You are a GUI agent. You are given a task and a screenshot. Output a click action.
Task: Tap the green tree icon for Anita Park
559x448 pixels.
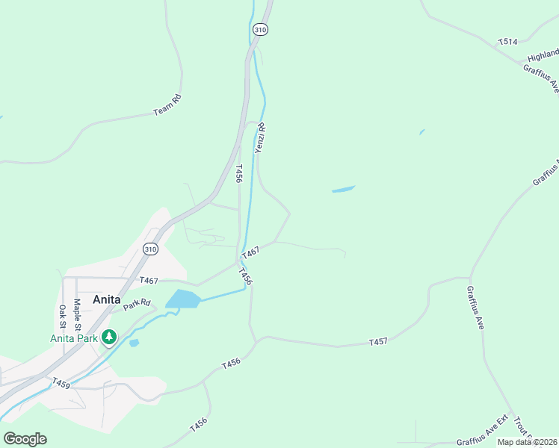(110, 337)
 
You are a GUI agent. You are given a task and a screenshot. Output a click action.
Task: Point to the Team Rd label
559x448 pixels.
(167, 105)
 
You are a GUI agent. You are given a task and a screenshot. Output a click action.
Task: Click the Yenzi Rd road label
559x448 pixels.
(261, 138)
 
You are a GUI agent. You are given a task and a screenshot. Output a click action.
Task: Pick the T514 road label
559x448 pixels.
(507, 43)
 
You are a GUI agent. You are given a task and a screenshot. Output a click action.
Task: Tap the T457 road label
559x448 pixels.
(378, 342)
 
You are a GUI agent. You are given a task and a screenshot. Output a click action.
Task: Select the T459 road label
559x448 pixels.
(61, 382)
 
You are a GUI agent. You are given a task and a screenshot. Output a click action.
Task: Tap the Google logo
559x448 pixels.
(25, 439)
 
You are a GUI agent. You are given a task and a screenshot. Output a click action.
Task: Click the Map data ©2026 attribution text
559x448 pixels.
(528, 442)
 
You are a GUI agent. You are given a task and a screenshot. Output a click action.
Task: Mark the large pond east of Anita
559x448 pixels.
(183, 299)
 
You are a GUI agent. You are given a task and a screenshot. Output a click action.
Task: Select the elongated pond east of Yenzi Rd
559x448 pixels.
(343, 190)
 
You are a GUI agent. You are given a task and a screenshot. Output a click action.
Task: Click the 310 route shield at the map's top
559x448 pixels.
(259, 30)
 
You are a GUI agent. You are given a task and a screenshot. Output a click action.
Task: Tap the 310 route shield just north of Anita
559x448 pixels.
(151, 249)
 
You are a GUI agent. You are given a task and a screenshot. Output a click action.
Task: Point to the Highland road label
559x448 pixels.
(543, 55)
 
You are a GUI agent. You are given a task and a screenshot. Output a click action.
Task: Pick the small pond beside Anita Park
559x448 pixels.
(134, 343)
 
